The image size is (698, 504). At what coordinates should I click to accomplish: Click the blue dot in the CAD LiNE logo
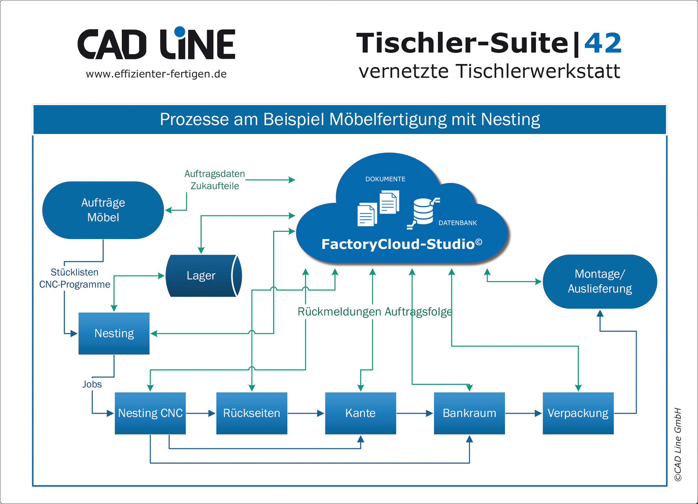tap(180, 31)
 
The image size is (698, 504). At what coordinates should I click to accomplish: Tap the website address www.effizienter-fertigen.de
tap(156, 74)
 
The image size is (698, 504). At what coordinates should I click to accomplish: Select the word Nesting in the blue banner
tap(510, 119)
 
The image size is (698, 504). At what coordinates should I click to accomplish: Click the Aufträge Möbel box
tap(103, 210)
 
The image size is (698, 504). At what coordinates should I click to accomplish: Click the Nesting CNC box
tap(150, 413)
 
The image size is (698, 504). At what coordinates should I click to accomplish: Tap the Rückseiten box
tap(252, 413)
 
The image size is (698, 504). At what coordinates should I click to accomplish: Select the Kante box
tap(361, 413)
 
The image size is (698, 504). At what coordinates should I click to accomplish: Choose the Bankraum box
tap(469, 413)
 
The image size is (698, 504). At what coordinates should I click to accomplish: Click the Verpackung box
tap(578, 413)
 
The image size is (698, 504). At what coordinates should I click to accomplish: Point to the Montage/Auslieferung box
tap(600, 281)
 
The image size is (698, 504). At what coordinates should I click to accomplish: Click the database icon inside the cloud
tap(423, 212)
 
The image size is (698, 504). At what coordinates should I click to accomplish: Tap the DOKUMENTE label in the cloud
tap(385, 179)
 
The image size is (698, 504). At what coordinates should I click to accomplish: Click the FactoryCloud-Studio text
tap(401, 244)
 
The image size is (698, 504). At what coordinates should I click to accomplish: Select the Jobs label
tap(92, 384)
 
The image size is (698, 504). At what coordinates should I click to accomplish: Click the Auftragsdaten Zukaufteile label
tap(215, 180)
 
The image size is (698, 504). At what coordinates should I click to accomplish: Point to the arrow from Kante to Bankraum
tap(415, 413)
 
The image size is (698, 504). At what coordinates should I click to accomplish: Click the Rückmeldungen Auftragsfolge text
tap(374, 312)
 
